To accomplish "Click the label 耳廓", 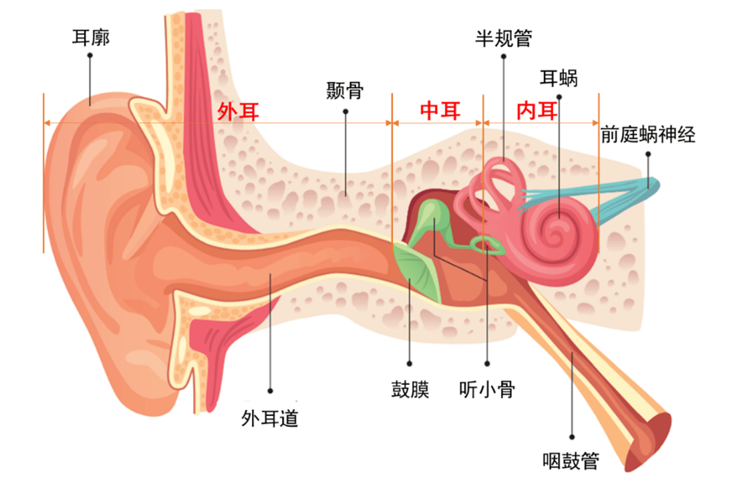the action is point(90,37).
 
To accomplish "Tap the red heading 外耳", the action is point(238,112).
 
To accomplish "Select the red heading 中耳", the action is point(440,111).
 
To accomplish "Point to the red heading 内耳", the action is point(537,111).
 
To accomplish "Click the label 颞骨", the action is point(345,90).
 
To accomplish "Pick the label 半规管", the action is point(504,38).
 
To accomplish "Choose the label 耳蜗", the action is point(559,78).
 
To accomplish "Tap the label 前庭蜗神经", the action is point(647,134).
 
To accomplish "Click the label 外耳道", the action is point(270,418).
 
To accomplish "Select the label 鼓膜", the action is point(410,389).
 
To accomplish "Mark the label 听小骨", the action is point(487,389).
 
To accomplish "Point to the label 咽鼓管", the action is point(571,461).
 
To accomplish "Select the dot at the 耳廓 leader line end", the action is point(90,56).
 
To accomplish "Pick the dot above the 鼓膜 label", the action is point(410,364).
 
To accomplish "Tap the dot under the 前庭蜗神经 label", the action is point(648,154).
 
